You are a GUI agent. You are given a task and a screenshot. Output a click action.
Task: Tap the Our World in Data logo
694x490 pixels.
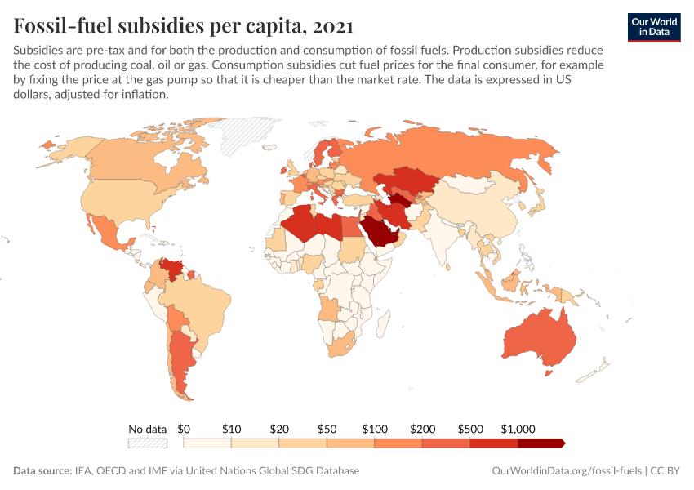coord(654,26)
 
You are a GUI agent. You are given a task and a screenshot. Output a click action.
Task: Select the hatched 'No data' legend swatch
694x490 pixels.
coord(147,443)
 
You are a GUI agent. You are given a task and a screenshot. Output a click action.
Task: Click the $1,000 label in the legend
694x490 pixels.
coord(518,428)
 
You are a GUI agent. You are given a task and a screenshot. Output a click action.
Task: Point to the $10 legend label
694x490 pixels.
coord(231,428)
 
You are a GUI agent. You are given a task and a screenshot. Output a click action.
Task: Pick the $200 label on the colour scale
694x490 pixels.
coord(422,428)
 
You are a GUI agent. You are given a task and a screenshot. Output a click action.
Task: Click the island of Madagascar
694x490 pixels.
coord(380,327)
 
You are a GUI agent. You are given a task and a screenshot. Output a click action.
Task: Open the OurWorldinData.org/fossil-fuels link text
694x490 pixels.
coord(567,471)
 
